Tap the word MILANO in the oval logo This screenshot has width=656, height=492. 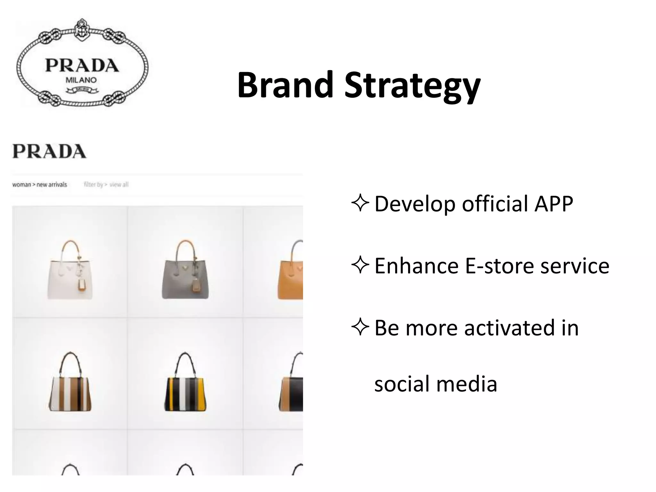(81, 80)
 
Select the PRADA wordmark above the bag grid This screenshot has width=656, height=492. (49, 152)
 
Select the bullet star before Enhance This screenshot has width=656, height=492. (360, 266)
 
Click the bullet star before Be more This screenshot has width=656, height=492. (360, 327)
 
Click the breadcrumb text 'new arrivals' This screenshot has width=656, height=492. (52, 184)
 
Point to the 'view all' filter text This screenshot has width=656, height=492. (119, 184)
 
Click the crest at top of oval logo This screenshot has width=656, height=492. (82, 30)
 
